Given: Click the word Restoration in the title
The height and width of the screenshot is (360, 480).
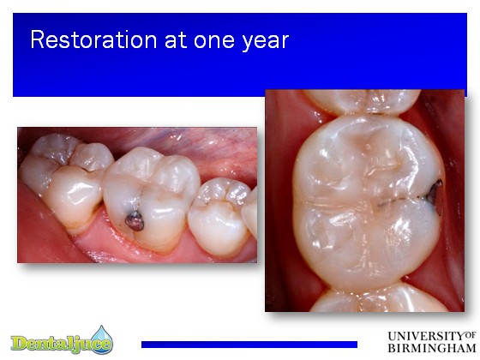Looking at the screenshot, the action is pos(93,39).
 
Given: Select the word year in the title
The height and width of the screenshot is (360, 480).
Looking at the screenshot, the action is pos(266,42).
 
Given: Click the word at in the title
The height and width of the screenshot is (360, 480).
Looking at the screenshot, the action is pos(176,40).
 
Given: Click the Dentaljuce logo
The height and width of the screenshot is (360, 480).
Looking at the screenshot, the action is pos(62,341).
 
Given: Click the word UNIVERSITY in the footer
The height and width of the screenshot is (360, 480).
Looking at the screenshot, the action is pos(426,336).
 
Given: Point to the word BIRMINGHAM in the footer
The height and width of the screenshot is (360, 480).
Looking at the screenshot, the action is pos(432,348).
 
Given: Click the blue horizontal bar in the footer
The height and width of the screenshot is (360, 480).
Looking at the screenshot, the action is pos(249,345).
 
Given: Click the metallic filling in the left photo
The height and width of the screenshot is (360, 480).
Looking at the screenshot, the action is pos(135,221).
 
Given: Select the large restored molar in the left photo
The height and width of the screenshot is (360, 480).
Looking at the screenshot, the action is pos(151,199).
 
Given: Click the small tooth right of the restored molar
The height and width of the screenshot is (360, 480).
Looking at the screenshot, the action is pos(219,218).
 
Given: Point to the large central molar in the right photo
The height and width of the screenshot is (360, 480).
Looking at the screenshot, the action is pos(369,202).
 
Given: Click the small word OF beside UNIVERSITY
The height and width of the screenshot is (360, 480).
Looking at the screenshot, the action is pos(471,335).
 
